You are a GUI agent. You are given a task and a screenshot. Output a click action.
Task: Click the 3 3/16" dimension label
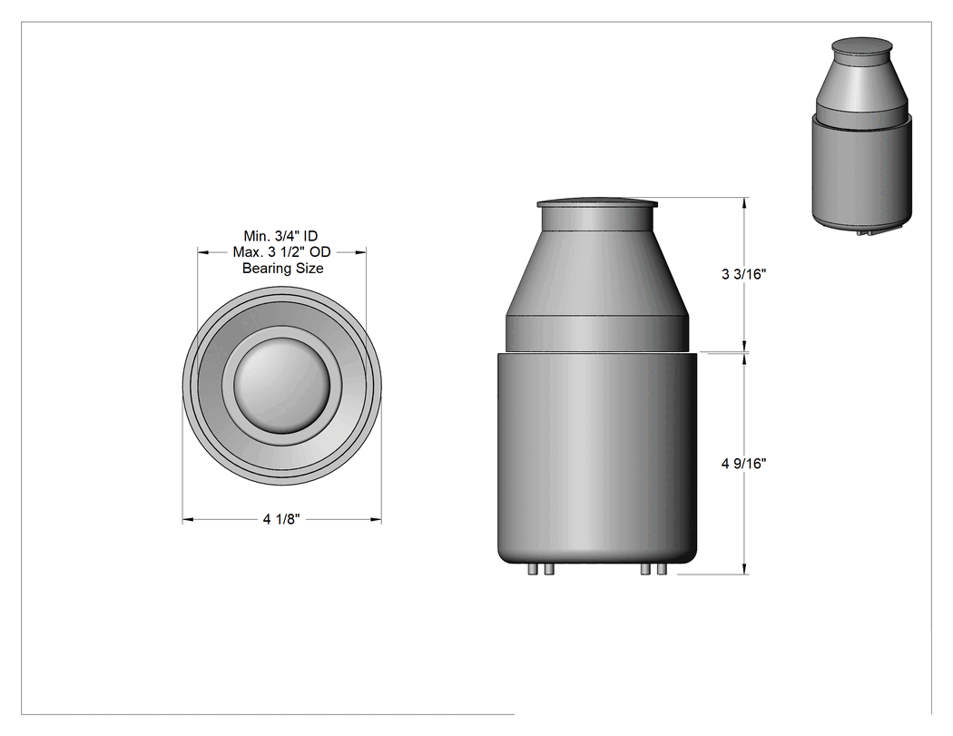pyautogui.click(x=743, y=274)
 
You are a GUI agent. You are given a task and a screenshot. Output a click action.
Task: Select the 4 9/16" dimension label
pyautogui.click(x=743, y=464)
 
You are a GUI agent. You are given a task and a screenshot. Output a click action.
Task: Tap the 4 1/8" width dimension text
pyautogui.click(x=281, y=520)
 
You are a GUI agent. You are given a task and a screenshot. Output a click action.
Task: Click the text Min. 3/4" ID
pyautogui.click(x=280, y=236)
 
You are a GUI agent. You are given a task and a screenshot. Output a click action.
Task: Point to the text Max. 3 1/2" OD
pyautogui.click(x=282, y=251)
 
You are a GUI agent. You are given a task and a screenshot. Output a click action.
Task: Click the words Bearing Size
pyautogui.click(x=282, y=268)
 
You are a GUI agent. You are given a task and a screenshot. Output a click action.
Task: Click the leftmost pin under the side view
pyautogui.click(x=533, y=570)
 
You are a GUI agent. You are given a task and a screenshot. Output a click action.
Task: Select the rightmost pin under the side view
pyautogui.click(x=663, y=570)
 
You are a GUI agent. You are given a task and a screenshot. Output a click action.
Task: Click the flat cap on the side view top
pyautogui.click(x=597, y=203)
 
